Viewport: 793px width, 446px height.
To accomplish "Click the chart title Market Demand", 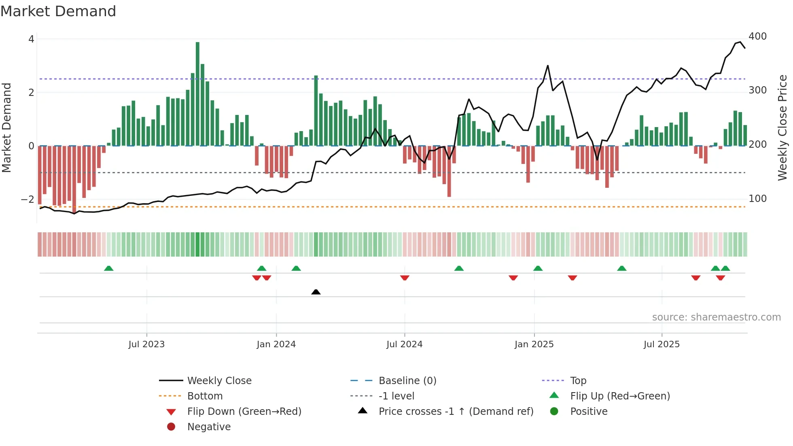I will (58, 11).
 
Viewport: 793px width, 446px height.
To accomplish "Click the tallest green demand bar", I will (197, 93).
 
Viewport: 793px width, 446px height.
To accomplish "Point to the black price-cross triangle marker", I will (316, 292).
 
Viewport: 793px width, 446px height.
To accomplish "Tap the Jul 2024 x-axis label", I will (404, 344).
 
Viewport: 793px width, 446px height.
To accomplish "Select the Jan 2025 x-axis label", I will (534, 344).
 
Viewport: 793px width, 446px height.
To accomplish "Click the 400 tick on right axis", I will (757, 36).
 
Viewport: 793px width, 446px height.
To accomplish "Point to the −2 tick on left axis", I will (28, 200).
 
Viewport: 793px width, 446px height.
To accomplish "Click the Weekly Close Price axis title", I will (782, 127).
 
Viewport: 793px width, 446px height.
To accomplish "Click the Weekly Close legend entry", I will (219, 381).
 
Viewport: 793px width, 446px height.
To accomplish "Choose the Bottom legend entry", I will (205, 396).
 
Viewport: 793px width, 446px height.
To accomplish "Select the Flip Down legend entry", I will (244, 412).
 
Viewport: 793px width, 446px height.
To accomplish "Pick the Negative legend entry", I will (209, 427).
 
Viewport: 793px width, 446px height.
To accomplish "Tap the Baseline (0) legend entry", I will (407, 381).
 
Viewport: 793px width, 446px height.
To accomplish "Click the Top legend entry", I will (578, 381).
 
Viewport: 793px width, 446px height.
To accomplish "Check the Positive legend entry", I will (588, 412).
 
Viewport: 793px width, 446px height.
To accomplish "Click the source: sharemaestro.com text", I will (716, 317).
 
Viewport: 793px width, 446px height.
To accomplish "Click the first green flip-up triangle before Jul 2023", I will (108, 268).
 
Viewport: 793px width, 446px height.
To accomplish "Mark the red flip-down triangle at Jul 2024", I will (405, 278).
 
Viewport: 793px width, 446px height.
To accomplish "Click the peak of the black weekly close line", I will (740, 42).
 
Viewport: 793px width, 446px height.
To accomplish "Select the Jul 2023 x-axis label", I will (146, 344).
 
